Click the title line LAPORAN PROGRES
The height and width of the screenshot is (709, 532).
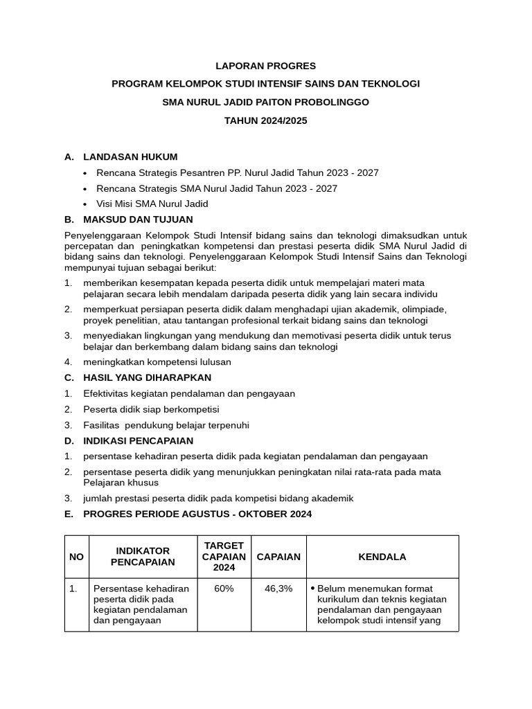point(265,66)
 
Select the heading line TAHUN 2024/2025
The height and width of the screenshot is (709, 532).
point(265,120)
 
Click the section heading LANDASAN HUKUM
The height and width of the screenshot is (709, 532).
point(130,156)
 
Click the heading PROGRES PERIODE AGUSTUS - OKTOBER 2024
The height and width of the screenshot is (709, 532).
point(197,514)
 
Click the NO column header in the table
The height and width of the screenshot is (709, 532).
point(76,557)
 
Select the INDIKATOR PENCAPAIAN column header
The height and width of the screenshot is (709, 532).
point(143,557)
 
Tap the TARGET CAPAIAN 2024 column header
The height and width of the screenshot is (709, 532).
point(224,557)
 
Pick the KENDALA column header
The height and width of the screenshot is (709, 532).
point(382,557)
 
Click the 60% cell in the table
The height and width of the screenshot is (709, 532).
point(224,589)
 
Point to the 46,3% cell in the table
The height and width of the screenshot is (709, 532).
point(278,589)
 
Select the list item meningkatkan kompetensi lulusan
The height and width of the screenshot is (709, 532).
point(157,361)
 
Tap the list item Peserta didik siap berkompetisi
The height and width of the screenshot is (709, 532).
point(151,409)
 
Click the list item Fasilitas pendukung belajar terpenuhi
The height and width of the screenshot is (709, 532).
point(166,425)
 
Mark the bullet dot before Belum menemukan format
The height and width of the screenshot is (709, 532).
point(312,588)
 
